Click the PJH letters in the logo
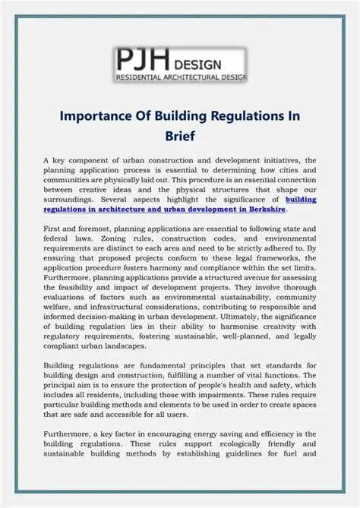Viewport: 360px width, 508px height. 143,59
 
